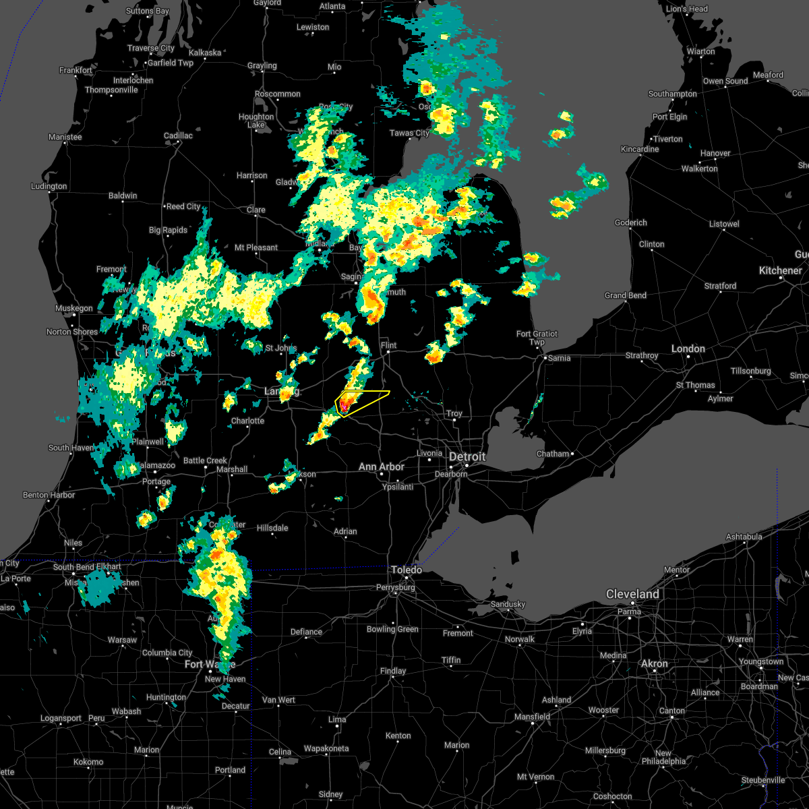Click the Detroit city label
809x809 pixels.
(x=467, y=456)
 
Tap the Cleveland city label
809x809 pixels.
(x=632, y=594)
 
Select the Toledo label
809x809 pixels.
(x=407, y=570)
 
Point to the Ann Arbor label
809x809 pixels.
(x=381, y=467)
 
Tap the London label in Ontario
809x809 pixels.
(x=688, y=349)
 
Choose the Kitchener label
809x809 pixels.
(x=780, y=270)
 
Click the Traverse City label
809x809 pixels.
(x=151, y=49)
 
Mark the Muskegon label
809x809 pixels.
(x=73, y=309)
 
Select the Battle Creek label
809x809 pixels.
(x=205, y=460)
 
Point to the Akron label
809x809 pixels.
(x=654, y=664)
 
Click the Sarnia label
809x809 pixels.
(x=559, y=358)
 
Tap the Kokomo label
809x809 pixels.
(x=88, y=762)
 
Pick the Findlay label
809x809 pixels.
(x=393, y=671)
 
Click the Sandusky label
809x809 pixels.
(x=508, y=604)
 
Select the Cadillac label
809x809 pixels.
(x=178, y=136)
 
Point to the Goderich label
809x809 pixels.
(x=630, y=222)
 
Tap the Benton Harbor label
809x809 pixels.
(x=49, y=495)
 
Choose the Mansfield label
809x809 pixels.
(x=533, y=717)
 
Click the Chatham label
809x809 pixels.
(x=553, y=454)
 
